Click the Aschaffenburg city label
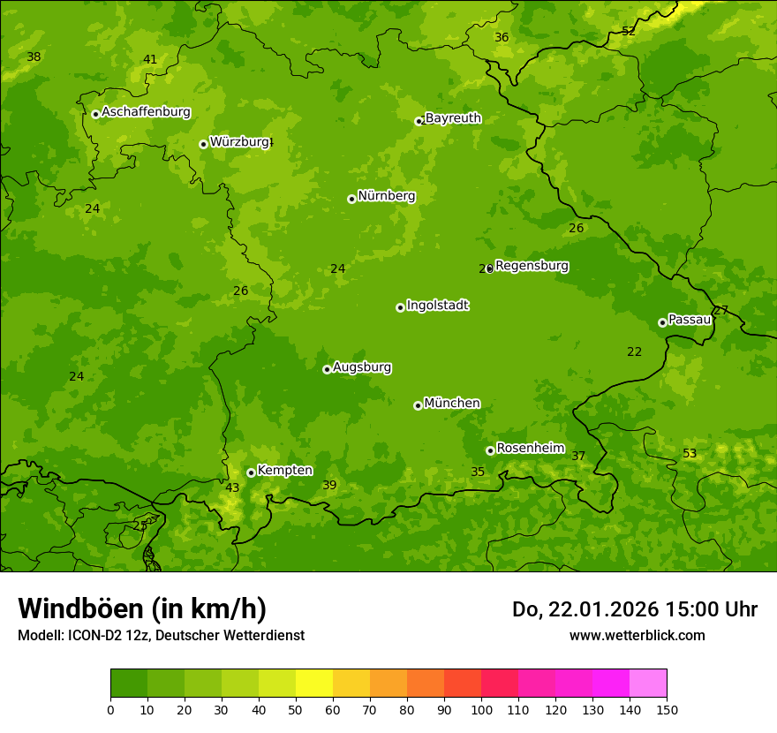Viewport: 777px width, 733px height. point(146,112)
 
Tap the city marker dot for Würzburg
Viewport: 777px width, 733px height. point(203,144)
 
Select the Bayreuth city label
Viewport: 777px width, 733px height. point(453,118)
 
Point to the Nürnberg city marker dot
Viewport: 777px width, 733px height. point(351,199)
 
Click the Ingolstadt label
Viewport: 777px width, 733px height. point(437,306)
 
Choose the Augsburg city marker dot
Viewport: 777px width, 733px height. point(327,369)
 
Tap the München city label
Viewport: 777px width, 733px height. point(452,404)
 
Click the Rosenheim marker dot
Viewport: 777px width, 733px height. point(490,450)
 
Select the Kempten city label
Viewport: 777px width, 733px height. point(284,471)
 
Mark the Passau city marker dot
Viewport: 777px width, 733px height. point(662,322)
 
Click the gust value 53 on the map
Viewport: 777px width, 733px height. point(690,454)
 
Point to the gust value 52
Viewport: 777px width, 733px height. point(629,31)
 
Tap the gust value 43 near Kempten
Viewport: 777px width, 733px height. point(232,487)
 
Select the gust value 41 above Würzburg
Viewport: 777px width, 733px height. point(150,60)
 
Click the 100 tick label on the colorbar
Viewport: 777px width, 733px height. point(481,709)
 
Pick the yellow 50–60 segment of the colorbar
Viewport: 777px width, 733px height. point(314,684)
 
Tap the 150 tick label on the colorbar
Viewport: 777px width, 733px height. point(667,709)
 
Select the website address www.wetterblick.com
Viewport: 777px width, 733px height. point(637,636)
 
